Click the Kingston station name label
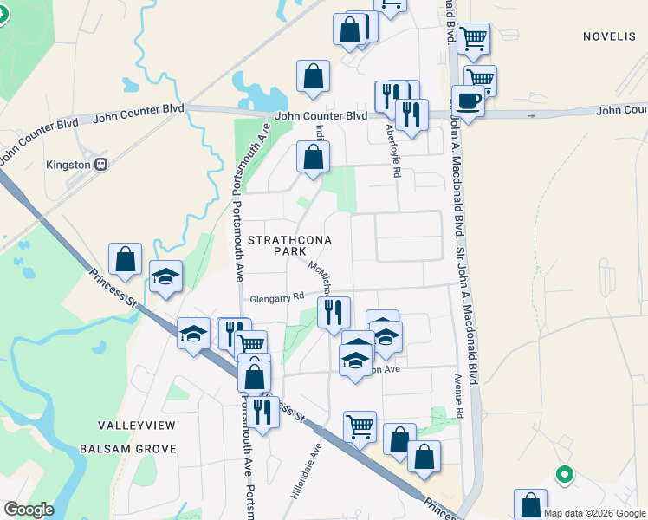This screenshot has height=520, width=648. [68, 164]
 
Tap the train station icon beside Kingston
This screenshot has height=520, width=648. [101, 164]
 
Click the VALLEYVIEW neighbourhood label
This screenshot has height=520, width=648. [137, 426]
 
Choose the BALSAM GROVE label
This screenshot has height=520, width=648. [127, 449]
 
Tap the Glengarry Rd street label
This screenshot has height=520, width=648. [277, 298]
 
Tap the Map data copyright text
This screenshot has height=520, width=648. [595, 512]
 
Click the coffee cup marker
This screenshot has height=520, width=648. [468, 101]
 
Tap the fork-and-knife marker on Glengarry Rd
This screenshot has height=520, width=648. [334, 312]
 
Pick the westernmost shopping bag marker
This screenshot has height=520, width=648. [125, 259]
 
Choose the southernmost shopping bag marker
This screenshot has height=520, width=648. [530, 505]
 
